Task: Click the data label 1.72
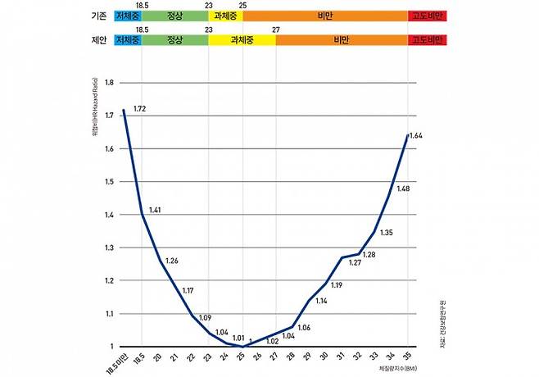click(138, 109)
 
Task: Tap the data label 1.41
click(155, 211)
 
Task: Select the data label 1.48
click(403, 189)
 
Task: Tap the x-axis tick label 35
click(407, 357)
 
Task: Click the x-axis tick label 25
click(242, 357)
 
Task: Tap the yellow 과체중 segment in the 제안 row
click(242, 39)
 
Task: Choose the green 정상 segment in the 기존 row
click(174, 16)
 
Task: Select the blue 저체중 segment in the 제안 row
click(129, 39)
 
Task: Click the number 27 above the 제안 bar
click(276, 29)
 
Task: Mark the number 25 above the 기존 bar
click(242, 5)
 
